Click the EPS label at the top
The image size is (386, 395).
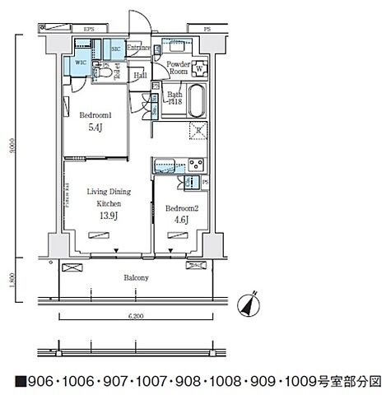[89, 29]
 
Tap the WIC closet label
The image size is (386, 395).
[80, 61]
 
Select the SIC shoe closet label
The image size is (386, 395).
[116, 49]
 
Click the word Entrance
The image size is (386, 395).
[139, 49]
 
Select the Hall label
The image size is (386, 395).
[142, 76]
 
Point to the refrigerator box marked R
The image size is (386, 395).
[198, 130]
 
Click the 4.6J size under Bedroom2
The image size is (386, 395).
[180, 220]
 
